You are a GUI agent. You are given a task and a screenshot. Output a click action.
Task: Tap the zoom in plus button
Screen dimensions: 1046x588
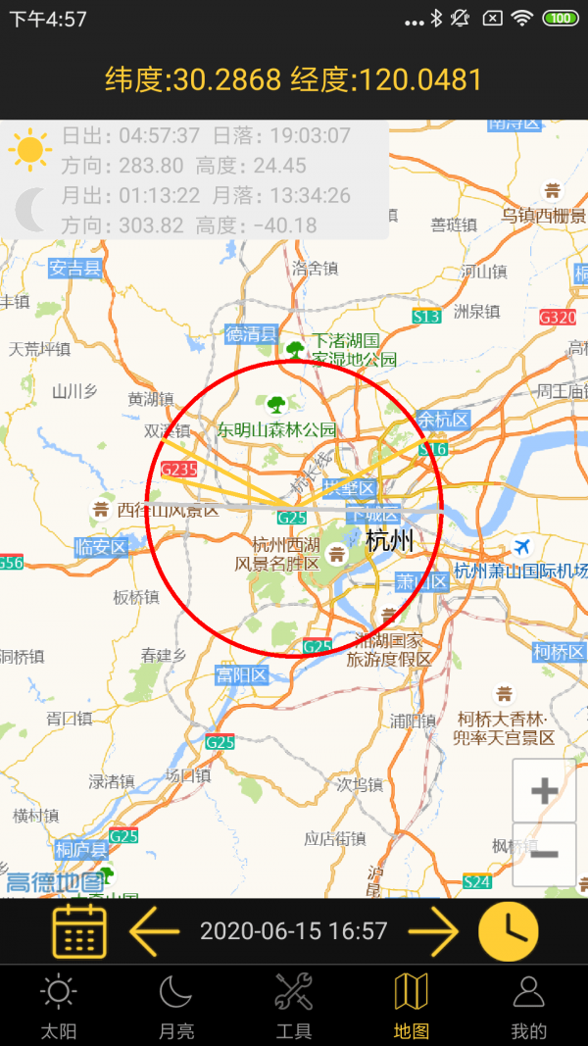click(x=544, y=790)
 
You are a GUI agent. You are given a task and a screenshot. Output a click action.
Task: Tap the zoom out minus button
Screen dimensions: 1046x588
click(x=544, y=854)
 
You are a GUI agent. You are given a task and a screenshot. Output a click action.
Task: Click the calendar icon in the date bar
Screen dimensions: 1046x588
click(x=79, y=930)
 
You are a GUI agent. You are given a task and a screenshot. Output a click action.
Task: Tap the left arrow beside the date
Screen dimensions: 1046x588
click(x=155, y=930)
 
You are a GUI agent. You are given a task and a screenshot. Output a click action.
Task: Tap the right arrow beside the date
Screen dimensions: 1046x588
click(x=432, y=930)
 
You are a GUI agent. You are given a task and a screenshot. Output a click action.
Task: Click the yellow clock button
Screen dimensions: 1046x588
click(x=508, y=930)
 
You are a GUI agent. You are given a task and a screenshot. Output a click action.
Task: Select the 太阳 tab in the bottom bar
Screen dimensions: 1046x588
click(x=58, y=1006)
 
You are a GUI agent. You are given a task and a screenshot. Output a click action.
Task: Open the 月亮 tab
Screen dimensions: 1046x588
click(x=176, y=1006)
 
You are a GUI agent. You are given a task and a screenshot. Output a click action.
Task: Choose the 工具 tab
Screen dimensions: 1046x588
click(x=294, y=1006)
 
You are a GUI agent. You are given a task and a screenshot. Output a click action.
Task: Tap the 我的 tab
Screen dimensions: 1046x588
click(x=528, y=1006)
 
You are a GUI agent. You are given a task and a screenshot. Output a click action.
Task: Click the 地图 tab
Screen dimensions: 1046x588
click(x=412, y=1006)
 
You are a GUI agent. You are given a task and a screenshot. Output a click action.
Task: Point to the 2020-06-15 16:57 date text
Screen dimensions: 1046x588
click(x=294, y=931)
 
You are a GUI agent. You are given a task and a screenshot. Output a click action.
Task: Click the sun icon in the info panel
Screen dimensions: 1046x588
click(x=30, y=150)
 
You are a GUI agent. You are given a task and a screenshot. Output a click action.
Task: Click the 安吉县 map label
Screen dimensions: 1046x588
click(x=75, y=268)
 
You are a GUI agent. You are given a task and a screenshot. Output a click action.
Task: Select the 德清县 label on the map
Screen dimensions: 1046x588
click(x=251, y=333)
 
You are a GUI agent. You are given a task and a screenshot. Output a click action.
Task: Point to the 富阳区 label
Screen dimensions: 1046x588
click(x=242, y=675)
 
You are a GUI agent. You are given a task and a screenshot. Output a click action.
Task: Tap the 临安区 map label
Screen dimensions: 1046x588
click(x=102, y=547)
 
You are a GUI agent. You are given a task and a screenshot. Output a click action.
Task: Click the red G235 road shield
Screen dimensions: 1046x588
click(x=179, y=470)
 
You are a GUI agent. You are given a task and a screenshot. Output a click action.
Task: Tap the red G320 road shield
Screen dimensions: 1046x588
click(x=558, y=317)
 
